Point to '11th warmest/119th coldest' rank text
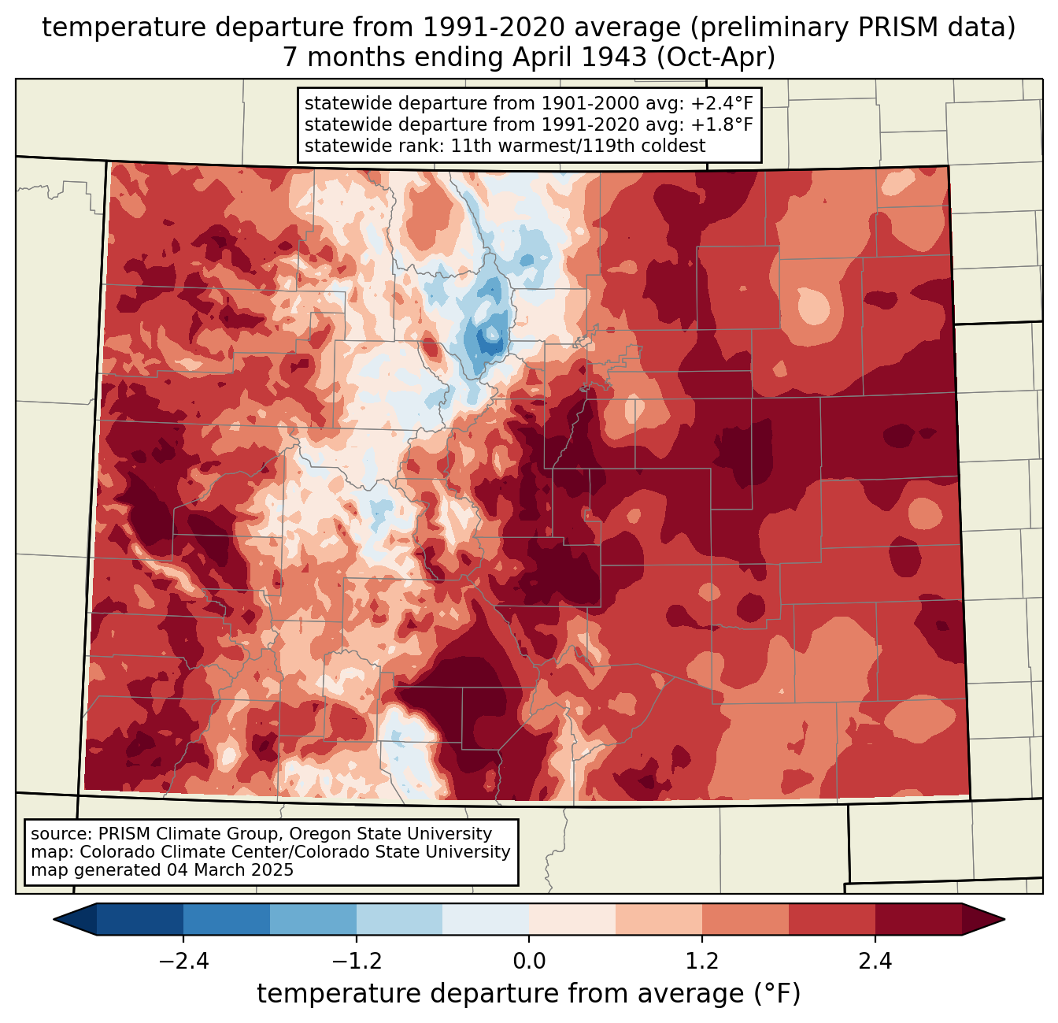[x=578, y=146]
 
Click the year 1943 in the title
[x=614, y=57]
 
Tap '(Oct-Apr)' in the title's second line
[x=716, y=57]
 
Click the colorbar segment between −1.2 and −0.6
[x=400, y=920]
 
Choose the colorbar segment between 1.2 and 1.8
[x=745, y=920]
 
